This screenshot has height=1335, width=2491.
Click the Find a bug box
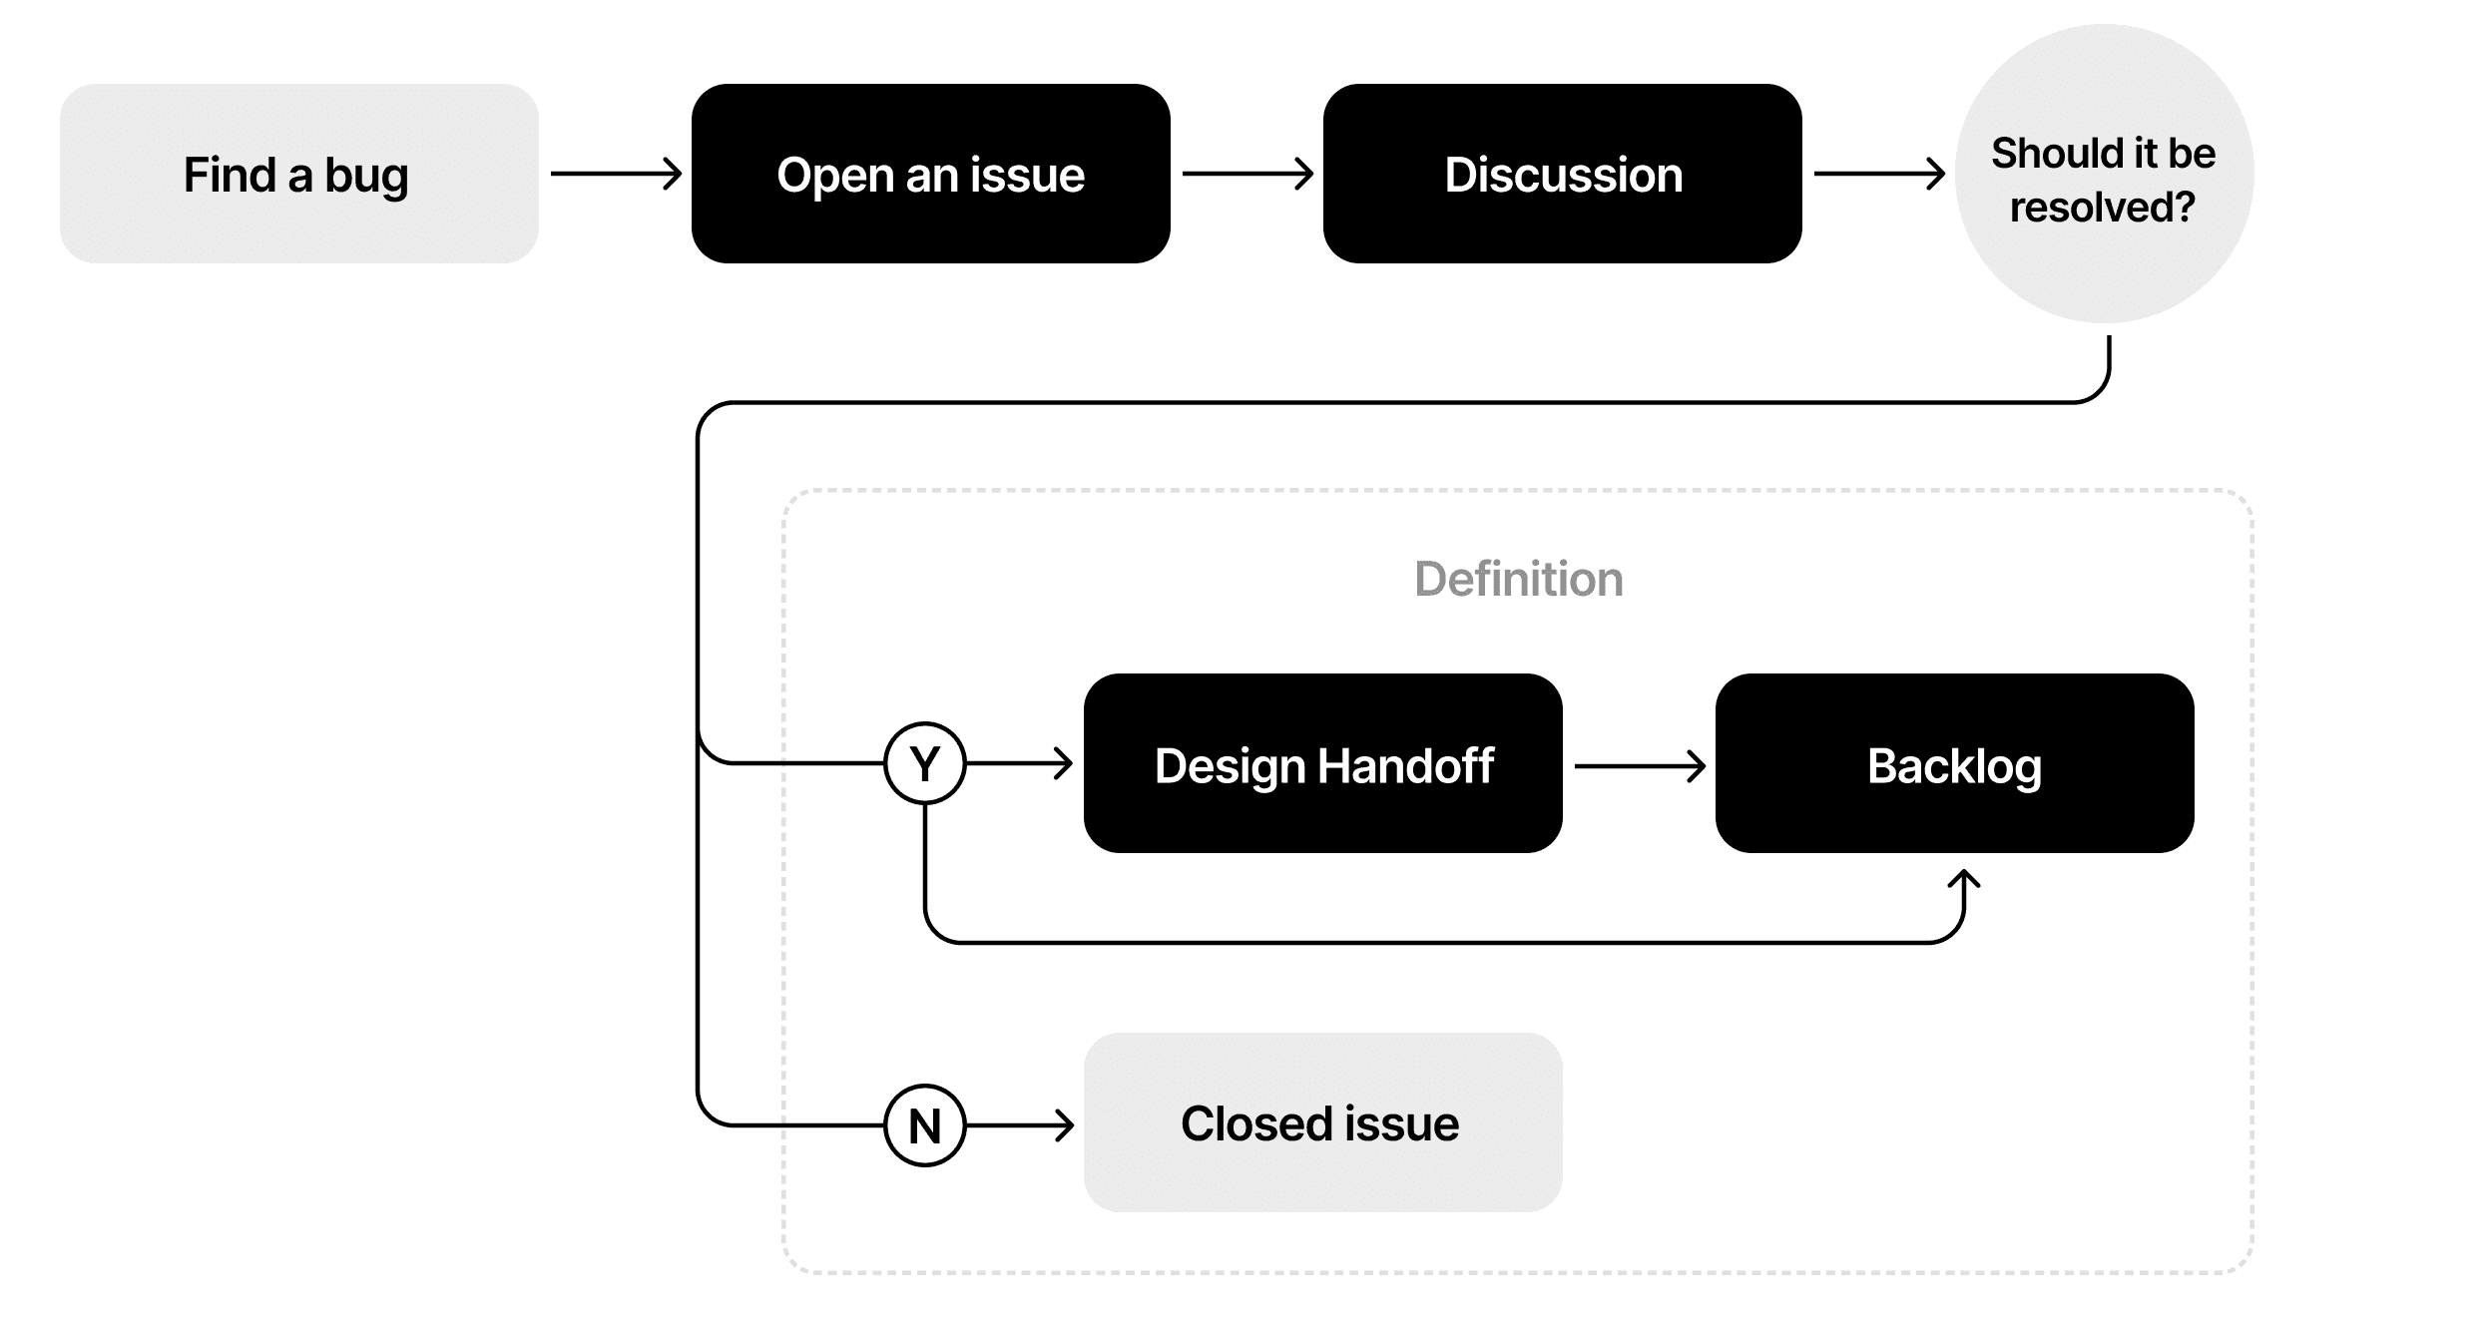coord(298,174)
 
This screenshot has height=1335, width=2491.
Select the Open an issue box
coord(930,174)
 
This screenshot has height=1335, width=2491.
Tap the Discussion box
coord(1562,174)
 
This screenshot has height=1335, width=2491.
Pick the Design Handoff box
coord(1322,763)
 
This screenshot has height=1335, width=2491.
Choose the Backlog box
coord(1954,763)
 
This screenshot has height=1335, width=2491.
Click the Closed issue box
coord(1322,1122)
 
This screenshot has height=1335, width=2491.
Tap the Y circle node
coord(925,763)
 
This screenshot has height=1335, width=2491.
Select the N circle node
coord(925,1125)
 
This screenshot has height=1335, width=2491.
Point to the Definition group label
coord(1518,579)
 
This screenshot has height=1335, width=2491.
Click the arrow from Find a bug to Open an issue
coord(616,174)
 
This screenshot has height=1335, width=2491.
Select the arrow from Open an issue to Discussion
coord(1247,174)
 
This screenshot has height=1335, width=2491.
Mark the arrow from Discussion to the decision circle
coord(1879,174)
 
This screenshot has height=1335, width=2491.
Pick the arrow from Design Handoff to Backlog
coord(1640,766)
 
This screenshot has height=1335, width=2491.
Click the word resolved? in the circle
coord(2103,208)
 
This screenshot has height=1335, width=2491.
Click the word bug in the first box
coord(366,176)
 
